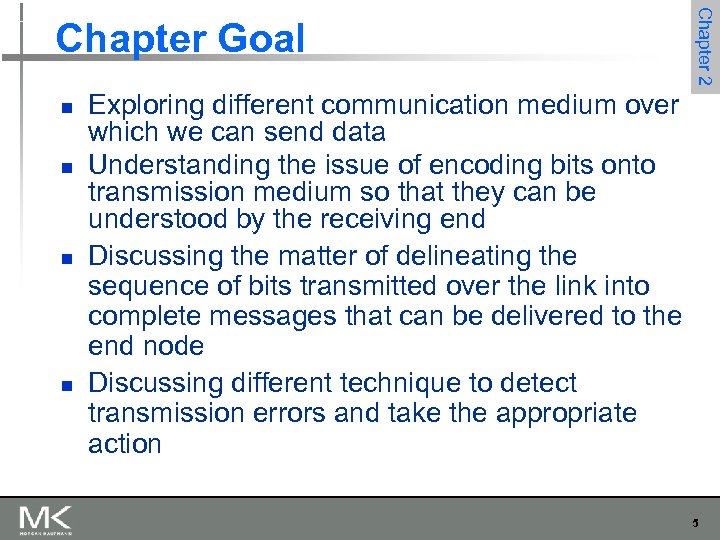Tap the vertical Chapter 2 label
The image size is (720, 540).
coord(704,46)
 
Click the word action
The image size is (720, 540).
coord(125,444)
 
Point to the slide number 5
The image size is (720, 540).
coord(695,522)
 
